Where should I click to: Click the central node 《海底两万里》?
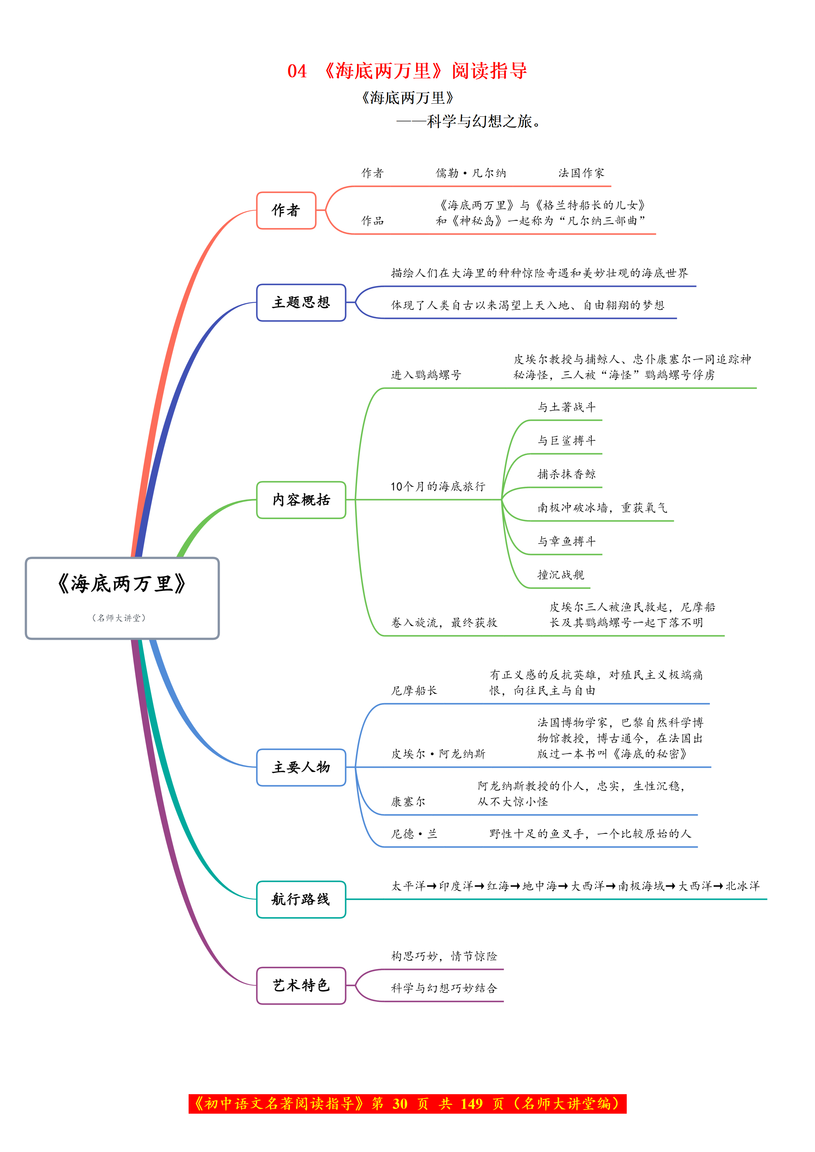point(122,598)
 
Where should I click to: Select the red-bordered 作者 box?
point(286,210)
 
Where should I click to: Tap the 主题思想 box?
point(301,302)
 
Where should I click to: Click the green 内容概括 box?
point(301,500)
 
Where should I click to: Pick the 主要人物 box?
point(301,767)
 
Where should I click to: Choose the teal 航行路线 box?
point(301,899)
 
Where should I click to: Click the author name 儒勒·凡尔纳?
point(471,173)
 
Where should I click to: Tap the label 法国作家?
point(581,173)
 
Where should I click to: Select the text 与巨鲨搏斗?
point(566,441)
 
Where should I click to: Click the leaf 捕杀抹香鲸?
point(566,474)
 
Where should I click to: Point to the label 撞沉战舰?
point(561,574)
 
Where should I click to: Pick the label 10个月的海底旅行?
point(437,486)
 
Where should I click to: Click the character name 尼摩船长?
point(414,690)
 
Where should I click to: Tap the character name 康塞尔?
point(408,802)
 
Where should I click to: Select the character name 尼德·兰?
point(414,834)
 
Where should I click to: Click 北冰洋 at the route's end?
point(743,886)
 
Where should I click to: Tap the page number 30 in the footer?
point(400,1104)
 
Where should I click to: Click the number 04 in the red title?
point(296,71)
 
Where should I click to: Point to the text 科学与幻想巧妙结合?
point(444,988)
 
